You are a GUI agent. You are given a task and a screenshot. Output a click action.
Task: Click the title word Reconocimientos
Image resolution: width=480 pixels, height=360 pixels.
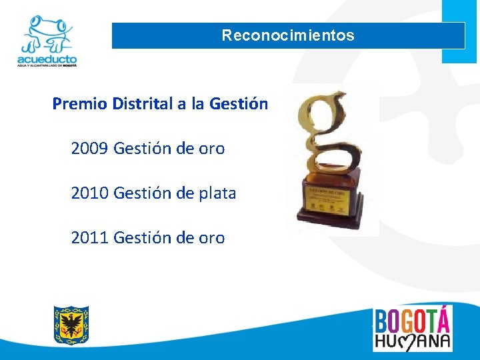pyautogui.click(x=288, y=35)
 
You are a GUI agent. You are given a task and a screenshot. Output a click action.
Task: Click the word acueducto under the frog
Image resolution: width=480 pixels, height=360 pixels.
pyautogui.click(x=47, y=59)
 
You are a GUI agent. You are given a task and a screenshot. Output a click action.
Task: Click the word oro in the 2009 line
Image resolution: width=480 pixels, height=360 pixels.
pyautogui.click(x=211, y=149)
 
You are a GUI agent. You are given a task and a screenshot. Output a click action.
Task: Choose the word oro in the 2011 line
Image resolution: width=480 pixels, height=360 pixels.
pyautogui.click(x=211, y=238)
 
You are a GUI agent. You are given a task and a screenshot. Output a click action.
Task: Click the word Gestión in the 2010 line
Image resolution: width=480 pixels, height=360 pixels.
pyautogui.click(x=143, y=193)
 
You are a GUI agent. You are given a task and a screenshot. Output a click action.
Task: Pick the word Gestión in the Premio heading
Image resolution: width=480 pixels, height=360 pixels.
pyautogui.click(x=239, y=104)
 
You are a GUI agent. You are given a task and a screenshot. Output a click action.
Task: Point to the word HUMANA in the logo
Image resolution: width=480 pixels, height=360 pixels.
pyautogui.click(x=412, y=341)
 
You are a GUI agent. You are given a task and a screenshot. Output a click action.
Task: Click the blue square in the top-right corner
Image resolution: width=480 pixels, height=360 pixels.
pyautogui.click(x=459, y=30)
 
